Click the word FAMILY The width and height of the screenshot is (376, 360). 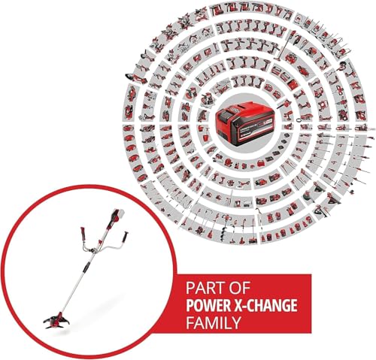click(214, 322)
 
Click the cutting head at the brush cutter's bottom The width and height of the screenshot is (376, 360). click(57, 319)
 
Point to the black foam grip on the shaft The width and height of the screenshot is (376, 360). click(86, 268)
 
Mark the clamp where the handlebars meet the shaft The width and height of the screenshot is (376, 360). click(93, 250)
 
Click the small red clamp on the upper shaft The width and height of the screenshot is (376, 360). click(100, 241)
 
